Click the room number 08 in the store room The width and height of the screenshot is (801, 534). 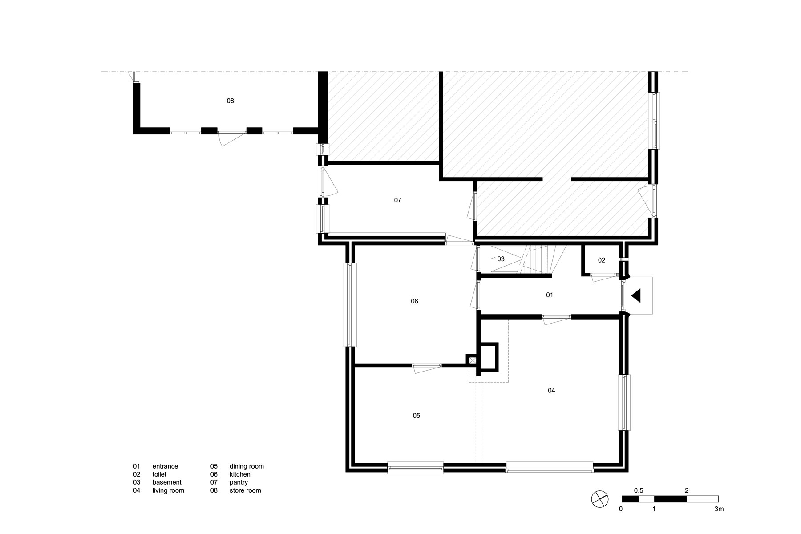coord(230,101)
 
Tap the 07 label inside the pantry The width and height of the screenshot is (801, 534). coord(398,200)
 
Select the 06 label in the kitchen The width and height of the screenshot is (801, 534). coord(414,301)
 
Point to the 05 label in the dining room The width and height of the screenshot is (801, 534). coord(416,416)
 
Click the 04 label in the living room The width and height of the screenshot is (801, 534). coord(551,391)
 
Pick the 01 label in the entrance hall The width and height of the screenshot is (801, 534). coord(550,295)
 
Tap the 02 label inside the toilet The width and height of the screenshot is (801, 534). coord(602,260)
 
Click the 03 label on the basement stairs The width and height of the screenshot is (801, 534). coord(501,259)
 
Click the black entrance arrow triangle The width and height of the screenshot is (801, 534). coord(636,295)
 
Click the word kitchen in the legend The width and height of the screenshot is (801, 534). coord(240,474)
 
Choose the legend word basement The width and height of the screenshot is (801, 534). coord(167,482)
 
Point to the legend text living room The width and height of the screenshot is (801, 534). coord(168,490)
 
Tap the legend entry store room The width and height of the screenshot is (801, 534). coord(245,490)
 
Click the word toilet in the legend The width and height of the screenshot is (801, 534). coord(159,474)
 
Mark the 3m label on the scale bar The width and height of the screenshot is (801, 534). coord(716,509)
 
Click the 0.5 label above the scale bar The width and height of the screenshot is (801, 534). coord(639,490)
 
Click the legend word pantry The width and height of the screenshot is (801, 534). coord(239,482)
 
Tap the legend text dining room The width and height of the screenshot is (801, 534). coord(247,466)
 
